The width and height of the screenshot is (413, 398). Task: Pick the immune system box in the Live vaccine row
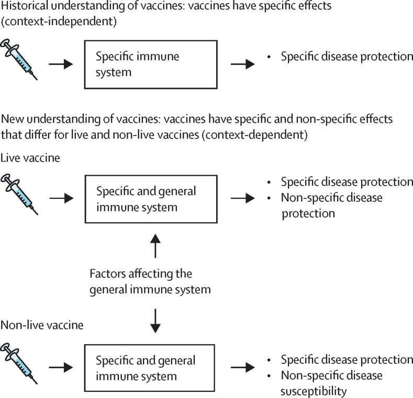(x=150, y=199)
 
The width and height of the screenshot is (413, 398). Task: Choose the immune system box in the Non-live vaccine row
(x=150, y=368)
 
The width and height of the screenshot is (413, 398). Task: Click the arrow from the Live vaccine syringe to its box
(x=60, y=199)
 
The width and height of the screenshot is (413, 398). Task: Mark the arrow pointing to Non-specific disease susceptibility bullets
(x=243, y=368)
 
